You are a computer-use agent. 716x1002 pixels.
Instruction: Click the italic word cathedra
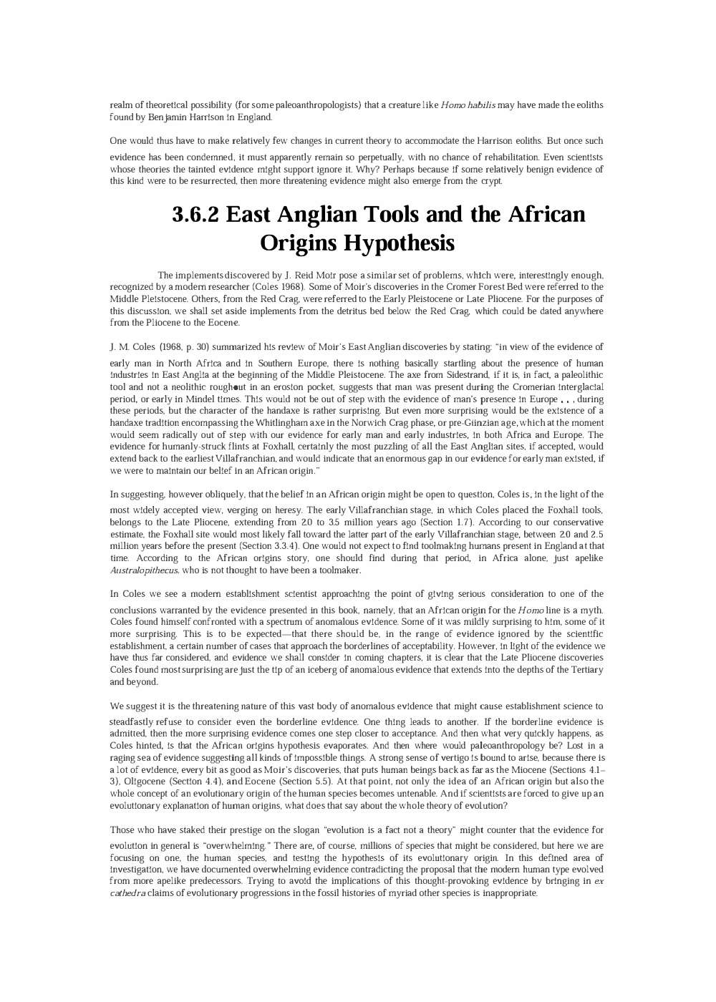[x=127, y=893]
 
